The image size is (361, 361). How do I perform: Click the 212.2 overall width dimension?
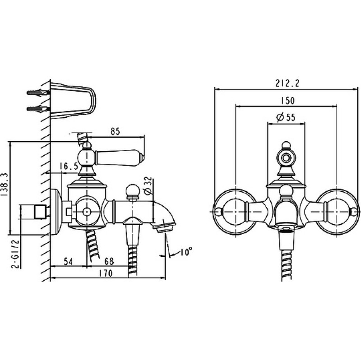(287, 83)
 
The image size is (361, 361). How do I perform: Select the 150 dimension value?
(288, 101)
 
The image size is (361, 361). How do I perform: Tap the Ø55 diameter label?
(286, 117)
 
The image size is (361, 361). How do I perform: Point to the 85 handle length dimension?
(116, 131)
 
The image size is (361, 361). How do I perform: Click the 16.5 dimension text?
(69, 166)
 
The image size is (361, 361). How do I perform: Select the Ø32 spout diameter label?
(149, 186)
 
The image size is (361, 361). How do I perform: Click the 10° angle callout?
(186, 252)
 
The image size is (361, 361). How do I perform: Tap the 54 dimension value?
(68, 262)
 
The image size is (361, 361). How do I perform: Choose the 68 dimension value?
(109, 261)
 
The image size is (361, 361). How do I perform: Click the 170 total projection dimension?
(106, 273)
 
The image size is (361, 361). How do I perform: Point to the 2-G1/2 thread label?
(16, 254)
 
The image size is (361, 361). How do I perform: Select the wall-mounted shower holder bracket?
(73, 101)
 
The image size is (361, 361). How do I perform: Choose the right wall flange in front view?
(337, 212)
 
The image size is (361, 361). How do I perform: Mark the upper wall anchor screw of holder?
(38, 93)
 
